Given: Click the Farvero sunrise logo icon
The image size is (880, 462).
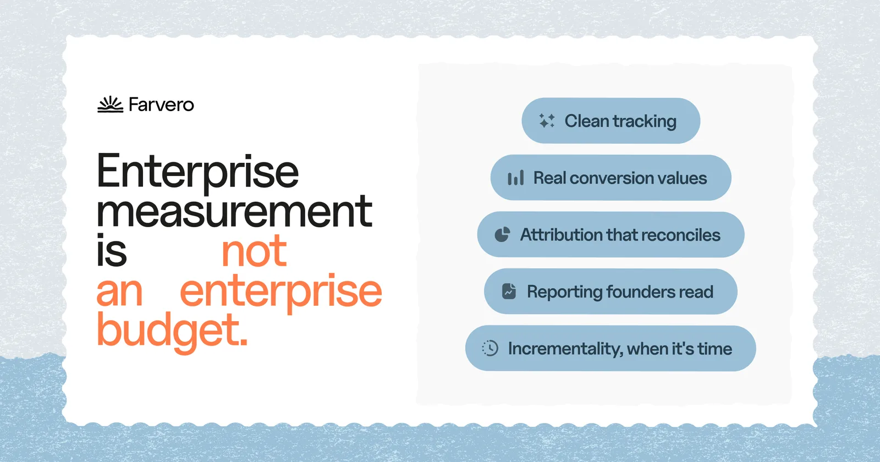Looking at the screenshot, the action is [x=111, y=105].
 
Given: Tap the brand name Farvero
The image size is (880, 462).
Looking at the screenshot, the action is [x=162, y=105].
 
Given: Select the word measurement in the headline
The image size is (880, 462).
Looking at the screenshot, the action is [x=234, y=212].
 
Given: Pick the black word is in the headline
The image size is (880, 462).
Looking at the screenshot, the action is [x=112, y=250].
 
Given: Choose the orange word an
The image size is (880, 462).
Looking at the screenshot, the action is [x=119, y=292].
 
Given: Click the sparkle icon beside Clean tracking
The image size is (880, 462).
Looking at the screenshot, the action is [x=547, y=121].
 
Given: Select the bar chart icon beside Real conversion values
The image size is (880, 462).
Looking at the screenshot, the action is [x=516, y=178].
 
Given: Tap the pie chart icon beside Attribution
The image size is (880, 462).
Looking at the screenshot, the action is [x=502, y=234].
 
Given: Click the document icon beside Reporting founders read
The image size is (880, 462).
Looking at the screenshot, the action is [x=509, y=291].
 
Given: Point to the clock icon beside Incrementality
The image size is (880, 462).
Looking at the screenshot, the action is [x=490, y=348].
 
